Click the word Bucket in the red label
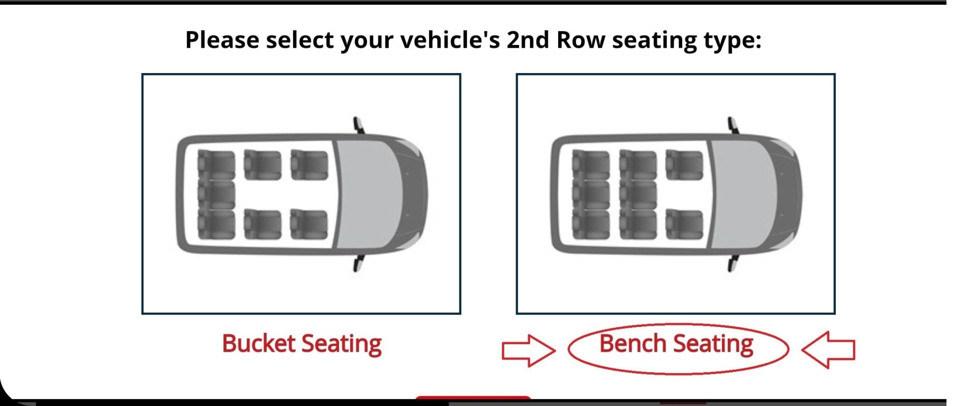[x=258, y=344]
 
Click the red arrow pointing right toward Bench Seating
[x=528, y=350]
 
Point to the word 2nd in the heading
[x=528, y=40]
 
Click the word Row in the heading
[x=581, y=40]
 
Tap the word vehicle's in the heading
[x=450, y=40]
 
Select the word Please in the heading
[x=222, y=40]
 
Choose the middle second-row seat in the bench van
[x=638, y=195]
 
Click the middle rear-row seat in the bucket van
[x=216, y=195]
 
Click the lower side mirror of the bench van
[x=732, y=264]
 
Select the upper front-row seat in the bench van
[x=684, y=165]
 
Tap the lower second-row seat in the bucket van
[x=263, y=224]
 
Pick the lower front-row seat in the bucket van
[x=309, y=224]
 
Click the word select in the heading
[x=300, y=40]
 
